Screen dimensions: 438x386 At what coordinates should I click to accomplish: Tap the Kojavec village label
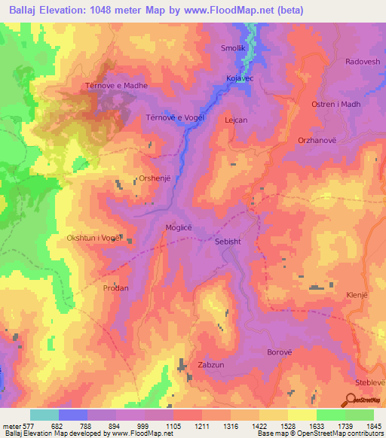[240, 78]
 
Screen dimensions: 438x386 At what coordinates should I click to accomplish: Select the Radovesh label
[363, 62]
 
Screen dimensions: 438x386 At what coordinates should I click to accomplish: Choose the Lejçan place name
[236, 120]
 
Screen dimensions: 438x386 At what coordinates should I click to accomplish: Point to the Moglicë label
[179, 227]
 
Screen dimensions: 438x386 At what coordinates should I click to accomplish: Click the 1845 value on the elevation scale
[373, 426]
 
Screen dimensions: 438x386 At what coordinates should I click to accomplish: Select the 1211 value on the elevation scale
[201, 426]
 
